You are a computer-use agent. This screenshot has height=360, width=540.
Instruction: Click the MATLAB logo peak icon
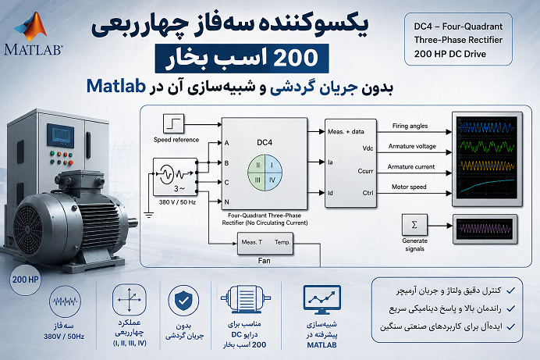pos(32,27)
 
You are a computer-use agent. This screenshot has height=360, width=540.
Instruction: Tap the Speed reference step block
pos(173,123)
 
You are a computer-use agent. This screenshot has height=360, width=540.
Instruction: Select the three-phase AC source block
pos(175,176)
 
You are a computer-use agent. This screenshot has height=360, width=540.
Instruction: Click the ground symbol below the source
pos(149,216)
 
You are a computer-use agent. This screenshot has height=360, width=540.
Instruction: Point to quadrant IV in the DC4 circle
pos(273,180)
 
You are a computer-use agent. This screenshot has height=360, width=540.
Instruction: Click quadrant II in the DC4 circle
pos(258,165)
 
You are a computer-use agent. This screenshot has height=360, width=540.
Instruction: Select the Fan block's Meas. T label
pos(252,242)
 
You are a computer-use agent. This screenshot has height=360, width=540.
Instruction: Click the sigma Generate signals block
pos(414,225)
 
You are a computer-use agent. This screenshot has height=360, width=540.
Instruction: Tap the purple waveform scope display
pos(485,229)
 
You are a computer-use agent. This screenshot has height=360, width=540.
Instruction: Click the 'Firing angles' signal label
pos(410,126)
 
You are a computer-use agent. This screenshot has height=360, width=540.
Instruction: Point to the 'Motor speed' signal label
pos(409,187)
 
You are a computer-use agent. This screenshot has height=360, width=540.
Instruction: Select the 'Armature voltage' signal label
pos(412,146)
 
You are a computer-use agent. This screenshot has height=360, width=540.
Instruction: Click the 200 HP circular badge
pos(25,280)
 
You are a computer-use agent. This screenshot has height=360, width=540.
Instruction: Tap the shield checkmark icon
pos(183,301)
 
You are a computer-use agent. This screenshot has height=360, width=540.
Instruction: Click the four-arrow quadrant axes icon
pos(129,299)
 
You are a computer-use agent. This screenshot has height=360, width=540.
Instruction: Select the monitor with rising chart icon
pos(322,299)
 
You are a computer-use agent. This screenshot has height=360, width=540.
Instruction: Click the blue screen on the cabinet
pos(61,134)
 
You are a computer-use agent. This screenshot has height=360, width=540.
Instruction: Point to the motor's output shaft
pos(132,223)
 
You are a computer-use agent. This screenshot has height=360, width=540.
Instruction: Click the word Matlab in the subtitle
pos(116,86)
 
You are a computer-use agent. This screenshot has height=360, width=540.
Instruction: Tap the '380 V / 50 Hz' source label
pos(177,202)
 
